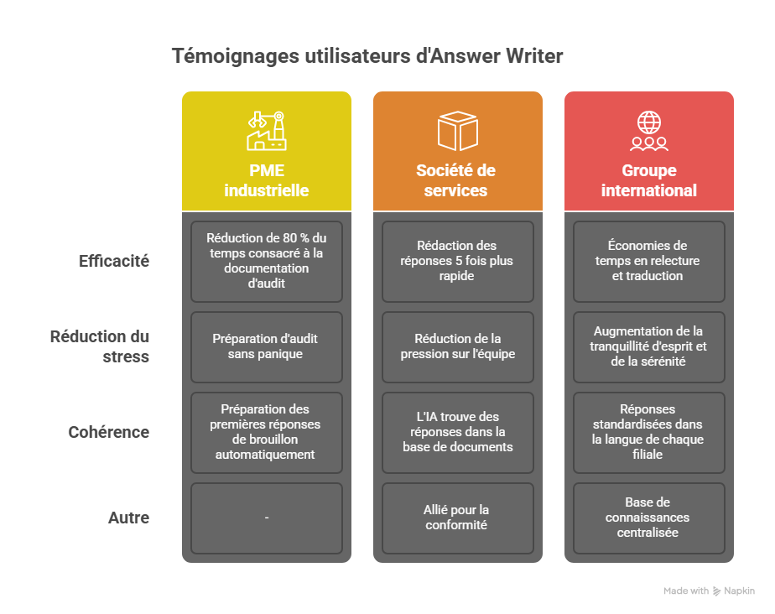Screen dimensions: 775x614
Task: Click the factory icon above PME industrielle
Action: tap(267, 131)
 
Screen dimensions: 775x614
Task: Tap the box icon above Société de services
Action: tap(458, 131)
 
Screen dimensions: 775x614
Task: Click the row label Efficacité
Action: tap(114, 261)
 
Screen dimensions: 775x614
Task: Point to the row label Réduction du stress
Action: tap(99, 346)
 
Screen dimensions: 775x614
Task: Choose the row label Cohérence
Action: tap(109, 432)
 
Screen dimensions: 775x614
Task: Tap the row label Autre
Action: tap(128, 518)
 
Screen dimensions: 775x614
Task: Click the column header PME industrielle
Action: tap(267, 180)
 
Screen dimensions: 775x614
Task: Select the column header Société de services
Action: tap(455, 180)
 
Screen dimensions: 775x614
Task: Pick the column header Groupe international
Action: tap(649, 180)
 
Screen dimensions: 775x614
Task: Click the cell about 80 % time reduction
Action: tap(267, 261)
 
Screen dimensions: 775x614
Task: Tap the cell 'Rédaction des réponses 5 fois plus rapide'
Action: tap(458, 261)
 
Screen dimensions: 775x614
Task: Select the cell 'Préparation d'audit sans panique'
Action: tap(267, 347)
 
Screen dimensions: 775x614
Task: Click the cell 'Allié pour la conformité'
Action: tap(458, 518)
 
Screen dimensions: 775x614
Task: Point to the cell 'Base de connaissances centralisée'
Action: tap(649, 518)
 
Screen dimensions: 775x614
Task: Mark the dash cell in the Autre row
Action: tap(267, 518)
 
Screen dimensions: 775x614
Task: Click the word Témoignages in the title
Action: tap(236, 56)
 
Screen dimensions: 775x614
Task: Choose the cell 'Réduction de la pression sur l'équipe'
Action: tap(458, 347)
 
